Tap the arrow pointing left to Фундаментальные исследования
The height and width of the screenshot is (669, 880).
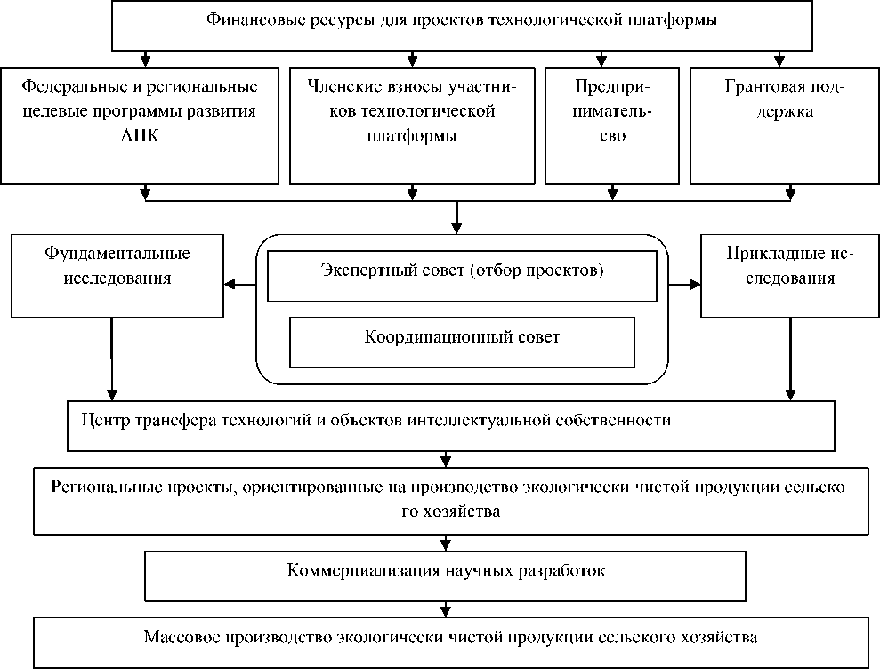point(233,285)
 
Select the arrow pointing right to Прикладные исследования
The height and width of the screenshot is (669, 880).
point(692,285)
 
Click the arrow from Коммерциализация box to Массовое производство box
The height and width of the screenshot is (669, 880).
point(445,609)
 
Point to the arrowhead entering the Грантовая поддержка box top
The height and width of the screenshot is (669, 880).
point(779,62)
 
